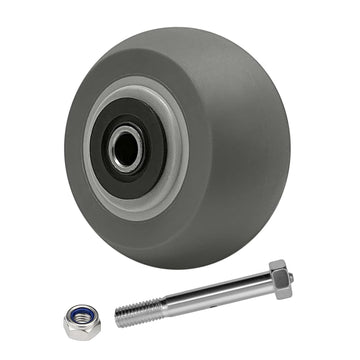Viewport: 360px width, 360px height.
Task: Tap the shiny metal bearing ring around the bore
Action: (118, 141)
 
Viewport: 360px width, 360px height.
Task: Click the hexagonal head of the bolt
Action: (279, 279)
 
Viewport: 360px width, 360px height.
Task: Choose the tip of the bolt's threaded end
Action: (117, 319)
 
